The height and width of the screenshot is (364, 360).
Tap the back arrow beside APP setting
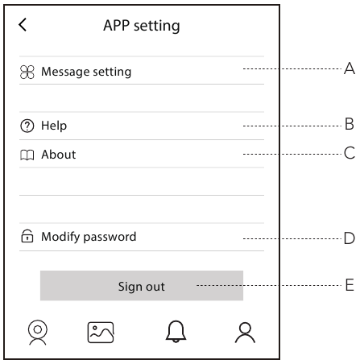tap(23, 25)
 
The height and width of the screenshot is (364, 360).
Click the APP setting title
tap(142, 26)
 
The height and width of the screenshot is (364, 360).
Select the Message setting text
tap(86, 72)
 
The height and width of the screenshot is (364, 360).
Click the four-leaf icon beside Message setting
tap(27, 72)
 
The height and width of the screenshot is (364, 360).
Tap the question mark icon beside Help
tap(27, 126)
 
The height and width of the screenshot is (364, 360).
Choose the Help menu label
tap(54, 126)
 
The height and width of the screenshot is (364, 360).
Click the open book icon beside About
tap(27, 155)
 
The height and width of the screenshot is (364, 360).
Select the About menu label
tap(59, 155)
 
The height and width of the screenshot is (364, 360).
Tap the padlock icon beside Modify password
tap(27, 236)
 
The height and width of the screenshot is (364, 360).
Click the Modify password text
tap(89, 237)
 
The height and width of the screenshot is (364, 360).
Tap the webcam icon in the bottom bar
tap(38, 333)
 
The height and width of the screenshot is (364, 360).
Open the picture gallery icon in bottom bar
tap(101, 333)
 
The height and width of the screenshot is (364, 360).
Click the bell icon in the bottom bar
tap(176, 332)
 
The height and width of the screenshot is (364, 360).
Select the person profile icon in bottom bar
tap(245, 333)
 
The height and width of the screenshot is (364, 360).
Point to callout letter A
tap(350, 68)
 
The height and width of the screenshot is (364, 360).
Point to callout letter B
tap(350, 124)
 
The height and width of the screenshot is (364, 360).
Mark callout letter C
tap(350, 153)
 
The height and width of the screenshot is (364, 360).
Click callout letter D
tap(350, 238)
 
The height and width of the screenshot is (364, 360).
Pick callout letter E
tap(350, 285)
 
